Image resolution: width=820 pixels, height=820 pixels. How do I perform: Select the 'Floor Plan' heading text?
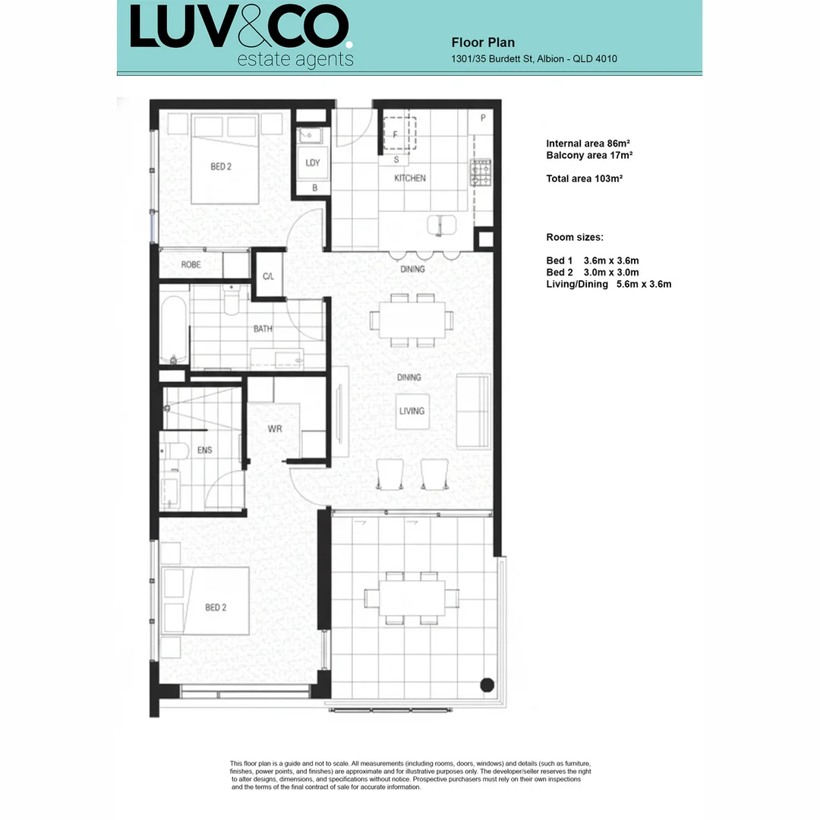483,43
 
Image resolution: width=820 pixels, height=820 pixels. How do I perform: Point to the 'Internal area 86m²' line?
589,143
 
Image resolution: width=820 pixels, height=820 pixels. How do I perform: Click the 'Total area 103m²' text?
584,179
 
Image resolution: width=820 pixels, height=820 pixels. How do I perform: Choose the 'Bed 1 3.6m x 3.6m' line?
592,260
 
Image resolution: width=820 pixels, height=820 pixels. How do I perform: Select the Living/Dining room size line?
609,285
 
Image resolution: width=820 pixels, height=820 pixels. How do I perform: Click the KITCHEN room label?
409,178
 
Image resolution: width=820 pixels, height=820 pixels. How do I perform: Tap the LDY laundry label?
312,163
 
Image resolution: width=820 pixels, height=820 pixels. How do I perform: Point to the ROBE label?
191,265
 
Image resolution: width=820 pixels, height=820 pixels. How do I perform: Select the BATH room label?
263,329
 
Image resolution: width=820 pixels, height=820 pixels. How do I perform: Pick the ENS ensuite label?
204,450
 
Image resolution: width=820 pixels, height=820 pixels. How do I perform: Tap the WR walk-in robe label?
275,429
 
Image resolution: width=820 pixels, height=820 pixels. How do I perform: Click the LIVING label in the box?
412,411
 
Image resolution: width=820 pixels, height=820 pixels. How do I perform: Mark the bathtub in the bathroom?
174,330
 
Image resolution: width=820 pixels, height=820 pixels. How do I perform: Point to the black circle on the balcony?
486,685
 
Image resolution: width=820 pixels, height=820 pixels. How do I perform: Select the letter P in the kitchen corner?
483,118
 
